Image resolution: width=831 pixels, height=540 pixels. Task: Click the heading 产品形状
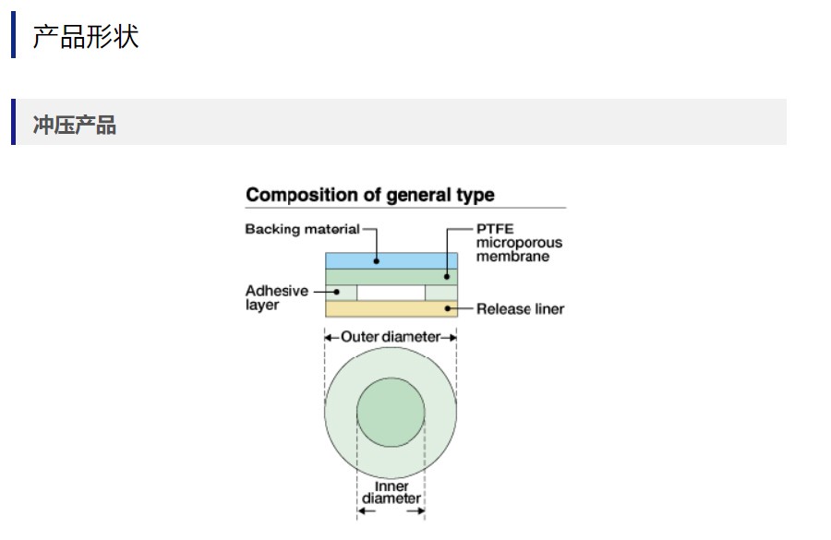pyautogui.click(x=85, y=37)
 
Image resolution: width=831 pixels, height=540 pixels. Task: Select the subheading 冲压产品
pyautogui.click(x=75, y=126)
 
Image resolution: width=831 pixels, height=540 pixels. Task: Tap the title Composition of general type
pyautogui.click(x=369, y=195)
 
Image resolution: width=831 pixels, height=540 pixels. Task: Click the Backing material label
pyautogui.click(x=302, y=229)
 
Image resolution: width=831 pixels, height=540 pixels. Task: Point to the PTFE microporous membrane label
pyautogui.click(x=518, y=243)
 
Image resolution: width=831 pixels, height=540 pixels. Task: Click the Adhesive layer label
pyautogui.click(x=276, y=298)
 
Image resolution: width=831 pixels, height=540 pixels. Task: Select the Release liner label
pyautogui.click(x=520, y=309)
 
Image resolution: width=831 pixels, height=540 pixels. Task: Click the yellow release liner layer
pyautogui.click(x=391, y=309)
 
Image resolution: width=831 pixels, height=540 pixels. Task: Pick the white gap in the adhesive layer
pyautogui.click(x=391, y=293)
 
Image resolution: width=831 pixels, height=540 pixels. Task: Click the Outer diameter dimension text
pyautogui.click(x=391, y=337)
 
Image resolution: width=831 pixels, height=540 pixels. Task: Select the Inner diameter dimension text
pyautogui.click(x=391, y=493)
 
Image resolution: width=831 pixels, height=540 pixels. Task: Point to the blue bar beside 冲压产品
pyautogui.click(x=14, y=122)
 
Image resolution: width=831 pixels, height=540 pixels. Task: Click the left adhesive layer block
pyautogui.click(x=341, y=293)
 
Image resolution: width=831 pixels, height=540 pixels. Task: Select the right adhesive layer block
pyautogui.click(x=440, y=293)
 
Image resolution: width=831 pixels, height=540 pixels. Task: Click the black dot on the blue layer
pyautogui.click(x=377, y=260)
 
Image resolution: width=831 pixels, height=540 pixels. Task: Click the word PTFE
pyautogui.click(x=494, y=229)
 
